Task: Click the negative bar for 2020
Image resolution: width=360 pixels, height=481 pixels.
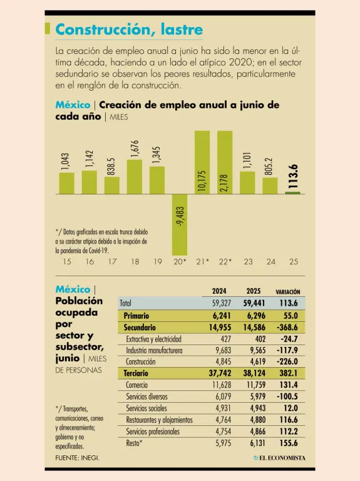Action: tap(180, 225)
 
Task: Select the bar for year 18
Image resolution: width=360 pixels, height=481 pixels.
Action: tap(135, 177)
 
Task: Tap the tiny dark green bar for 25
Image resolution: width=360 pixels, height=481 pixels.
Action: tap(293, 193)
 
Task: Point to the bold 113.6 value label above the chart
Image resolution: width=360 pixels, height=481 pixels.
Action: tap(293, 177)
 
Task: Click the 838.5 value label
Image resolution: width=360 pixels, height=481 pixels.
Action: tap(111, 167)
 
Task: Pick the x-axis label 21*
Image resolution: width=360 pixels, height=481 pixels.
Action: tap(202, 262)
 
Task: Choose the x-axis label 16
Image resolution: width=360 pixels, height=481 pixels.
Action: tap(90, 262)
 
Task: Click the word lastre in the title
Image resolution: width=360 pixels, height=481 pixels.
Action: tap(182, 30)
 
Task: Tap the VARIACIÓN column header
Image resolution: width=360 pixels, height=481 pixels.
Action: tap(287, 292)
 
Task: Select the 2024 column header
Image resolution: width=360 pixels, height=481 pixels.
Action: tap(219, 291)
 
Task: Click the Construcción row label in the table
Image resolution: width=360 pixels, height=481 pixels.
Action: tap(140, 361)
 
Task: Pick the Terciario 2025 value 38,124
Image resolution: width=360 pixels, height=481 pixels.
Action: tap(254, 373)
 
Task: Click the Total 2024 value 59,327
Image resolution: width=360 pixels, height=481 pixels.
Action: tap(222, 303)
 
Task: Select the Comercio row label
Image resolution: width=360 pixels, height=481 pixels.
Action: tap(136, 385)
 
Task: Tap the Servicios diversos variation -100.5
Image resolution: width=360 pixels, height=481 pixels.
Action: tap(287, 396)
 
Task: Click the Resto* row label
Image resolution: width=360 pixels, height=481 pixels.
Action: tap(135, 443)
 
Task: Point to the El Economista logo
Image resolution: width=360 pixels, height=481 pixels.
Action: tap(279, 458)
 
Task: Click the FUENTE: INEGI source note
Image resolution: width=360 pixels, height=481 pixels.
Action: tap(77, 458)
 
